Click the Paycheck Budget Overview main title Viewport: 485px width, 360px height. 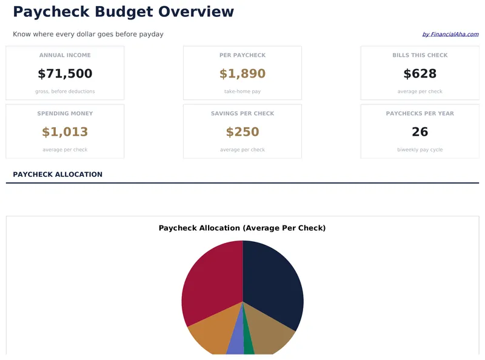pyautogui.click(x=123, y=12)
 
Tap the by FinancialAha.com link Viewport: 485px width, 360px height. pyautogui.click(x=450, y=35)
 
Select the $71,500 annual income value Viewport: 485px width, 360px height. pyautogui.click(x=65, y=74)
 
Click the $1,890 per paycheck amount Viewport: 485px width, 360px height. pyautogui.click(x=242, y=74)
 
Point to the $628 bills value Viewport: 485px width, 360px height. pyautogui.click(x=420, y=74)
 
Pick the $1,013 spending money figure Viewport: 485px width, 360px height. pyautogui.click(x=65, y=132)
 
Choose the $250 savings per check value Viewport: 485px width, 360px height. pyautogui.click(x=242, y=132)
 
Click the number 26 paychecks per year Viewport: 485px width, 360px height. pyautogui.click(x=420, y=132)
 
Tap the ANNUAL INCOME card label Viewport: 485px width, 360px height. pyautogui.click(x=65, y=55)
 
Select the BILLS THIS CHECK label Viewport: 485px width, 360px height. pyautogui.click(x=420, y=55)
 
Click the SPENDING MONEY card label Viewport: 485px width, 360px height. pyautogui.click(x=65, y=113)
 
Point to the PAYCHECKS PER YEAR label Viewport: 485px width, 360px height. pyautogui.click(x=420, y=113)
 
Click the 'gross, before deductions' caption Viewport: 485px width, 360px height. pyautogui.click(x=65, y=92)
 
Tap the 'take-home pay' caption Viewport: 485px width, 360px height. pyautogui.click(x=242, y=92)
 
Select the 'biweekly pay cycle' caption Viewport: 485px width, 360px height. pyautogui.click(x=420, y=150)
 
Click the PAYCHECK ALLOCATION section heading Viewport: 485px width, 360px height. pyautogui.click(x=58, y=175)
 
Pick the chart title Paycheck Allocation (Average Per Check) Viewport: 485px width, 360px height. pyautogui.click(x=242, y=228)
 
